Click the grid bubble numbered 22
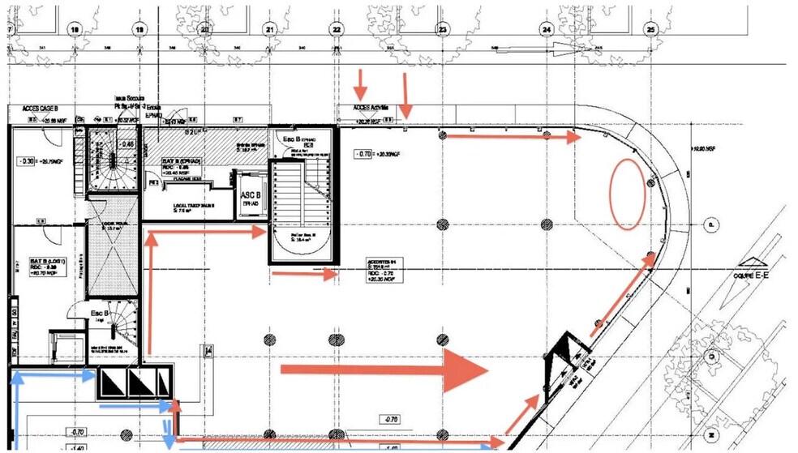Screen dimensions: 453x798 336,28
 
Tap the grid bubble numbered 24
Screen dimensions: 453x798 547,28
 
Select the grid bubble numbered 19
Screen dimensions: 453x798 139,28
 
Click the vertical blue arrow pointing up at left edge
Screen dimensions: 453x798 14,381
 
